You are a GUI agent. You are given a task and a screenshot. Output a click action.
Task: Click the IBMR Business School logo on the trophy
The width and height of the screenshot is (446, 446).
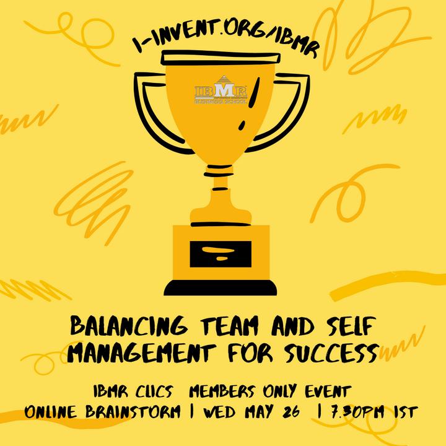221,90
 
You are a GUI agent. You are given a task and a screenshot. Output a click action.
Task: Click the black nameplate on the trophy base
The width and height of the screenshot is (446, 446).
221,254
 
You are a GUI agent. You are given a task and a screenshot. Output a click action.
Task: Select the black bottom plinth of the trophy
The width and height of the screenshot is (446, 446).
220,288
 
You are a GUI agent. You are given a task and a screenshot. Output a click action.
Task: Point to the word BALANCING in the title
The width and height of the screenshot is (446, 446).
129,325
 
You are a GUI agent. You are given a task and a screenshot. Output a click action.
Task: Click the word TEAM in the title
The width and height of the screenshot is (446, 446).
229,326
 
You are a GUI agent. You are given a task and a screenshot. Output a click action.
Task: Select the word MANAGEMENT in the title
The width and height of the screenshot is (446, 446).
141,352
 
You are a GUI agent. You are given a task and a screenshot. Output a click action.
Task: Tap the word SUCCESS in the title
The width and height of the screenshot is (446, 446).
331,352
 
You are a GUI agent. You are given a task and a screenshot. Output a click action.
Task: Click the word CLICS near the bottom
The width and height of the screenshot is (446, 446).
154,391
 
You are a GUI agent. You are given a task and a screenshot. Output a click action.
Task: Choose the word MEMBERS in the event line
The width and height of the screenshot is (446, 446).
222,391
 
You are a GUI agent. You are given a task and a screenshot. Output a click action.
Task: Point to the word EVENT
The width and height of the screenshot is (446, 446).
328,391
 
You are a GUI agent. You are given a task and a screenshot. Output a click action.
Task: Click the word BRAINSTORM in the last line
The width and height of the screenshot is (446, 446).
133,411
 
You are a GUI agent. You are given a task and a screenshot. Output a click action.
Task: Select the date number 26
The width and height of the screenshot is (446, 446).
291,411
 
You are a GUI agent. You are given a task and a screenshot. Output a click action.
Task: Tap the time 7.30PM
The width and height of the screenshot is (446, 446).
357,411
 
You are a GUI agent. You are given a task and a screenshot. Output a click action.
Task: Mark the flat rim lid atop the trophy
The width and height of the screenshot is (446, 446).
221,58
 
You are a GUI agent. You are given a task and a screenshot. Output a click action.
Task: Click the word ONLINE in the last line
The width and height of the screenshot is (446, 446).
50,411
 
